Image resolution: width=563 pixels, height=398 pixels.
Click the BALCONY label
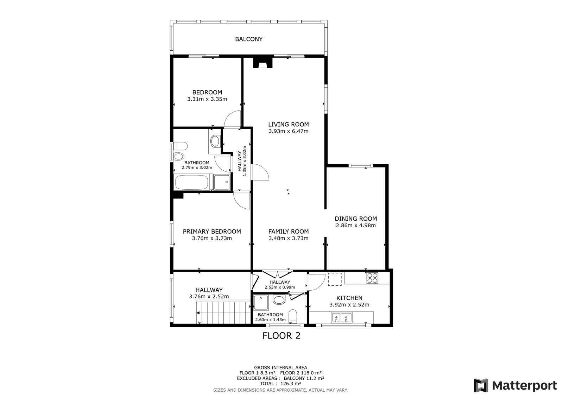[x=248, y=39]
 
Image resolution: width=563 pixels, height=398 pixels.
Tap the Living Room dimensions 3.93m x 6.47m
[x=288, y=131]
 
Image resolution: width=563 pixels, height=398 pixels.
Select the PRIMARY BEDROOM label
[x=212, y=231]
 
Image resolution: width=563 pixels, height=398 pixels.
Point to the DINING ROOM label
[x=356, y=219]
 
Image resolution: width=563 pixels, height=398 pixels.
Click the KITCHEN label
[x=349, y=298]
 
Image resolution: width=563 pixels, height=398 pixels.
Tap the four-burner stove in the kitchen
[x=372, y=278]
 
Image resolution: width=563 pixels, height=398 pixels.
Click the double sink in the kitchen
[x=342, y=317]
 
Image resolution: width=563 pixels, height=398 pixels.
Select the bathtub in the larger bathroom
[x=192, y=182]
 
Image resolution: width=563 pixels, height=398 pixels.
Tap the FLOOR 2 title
[x=281, y=336]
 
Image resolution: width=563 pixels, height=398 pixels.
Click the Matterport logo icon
[x=481, y=385]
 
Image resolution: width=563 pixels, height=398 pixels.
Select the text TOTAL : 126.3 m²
[x=280, y=384]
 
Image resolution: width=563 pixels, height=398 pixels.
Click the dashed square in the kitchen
[x=335, y=279]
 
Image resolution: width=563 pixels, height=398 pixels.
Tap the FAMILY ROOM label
[x=288, y=231]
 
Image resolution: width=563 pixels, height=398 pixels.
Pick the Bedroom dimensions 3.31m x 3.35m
[x=207, y=99]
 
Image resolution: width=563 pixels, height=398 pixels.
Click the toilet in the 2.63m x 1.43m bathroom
[x=293, y=317]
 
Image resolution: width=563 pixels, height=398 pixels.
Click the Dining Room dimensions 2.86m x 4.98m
[x=356, y=225]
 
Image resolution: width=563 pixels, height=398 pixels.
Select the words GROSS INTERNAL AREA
[x=280, y=368]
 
